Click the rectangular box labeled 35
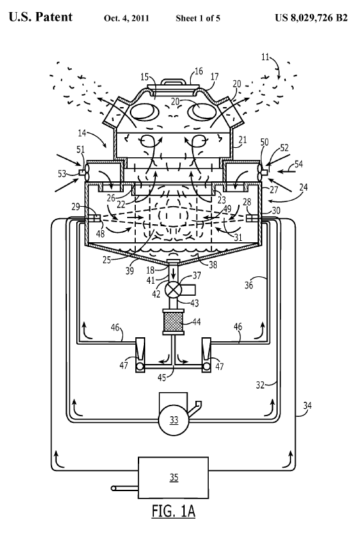(x=173, y=477)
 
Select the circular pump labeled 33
(x=173, y=419)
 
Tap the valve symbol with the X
(x=173, y=290)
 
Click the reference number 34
(x=307, y=406)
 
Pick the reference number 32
(x=260, y=384)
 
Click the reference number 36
(x=249, y=284)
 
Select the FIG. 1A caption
(x=173, y=511)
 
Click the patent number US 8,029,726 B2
(x=311, y=17)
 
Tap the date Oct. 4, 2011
(x=126, y=18)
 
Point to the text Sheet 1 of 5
(x=198, y=18)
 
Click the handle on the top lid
(x=173, y=82)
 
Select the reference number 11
(x=265, y=57)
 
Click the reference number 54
(x=298, y=164)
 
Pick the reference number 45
(x=161, y=377)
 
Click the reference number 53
(x=62, y=173)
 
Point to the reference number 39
(x=129, y=271)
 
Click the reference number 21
(x=243, y=139)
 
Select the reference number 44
(x=196, y=322)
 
